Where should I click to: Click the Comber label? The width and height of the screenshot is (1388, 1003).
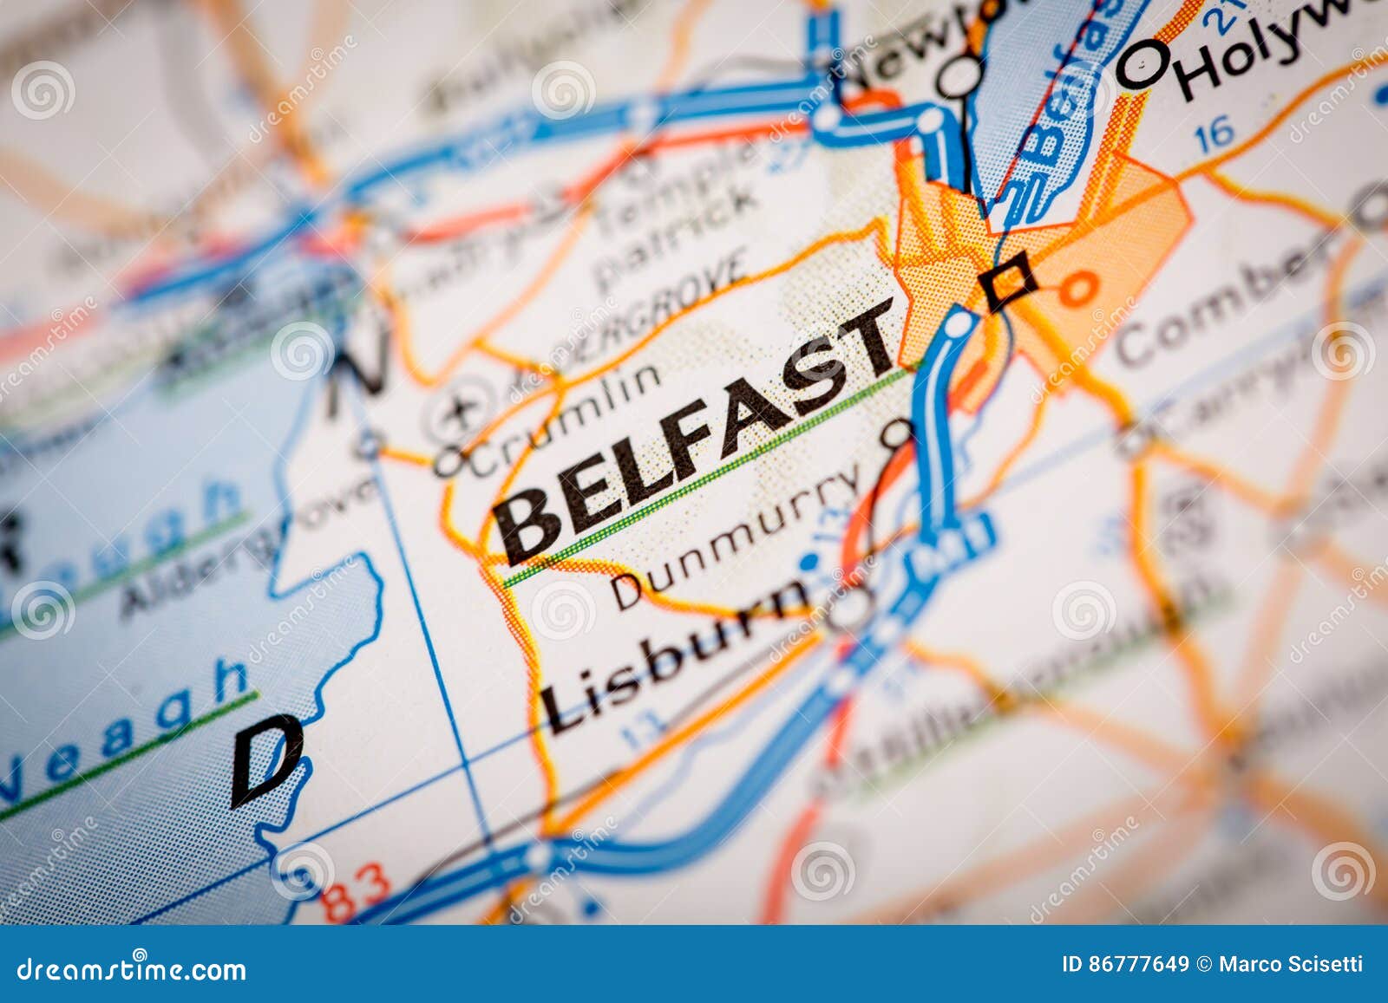(1223, 299)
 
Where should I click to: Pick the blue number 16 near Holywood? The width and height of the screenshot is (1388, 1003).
(1214, 133)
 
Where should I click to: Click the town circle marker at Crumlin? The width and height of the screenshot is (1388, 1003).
(448, 460)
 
